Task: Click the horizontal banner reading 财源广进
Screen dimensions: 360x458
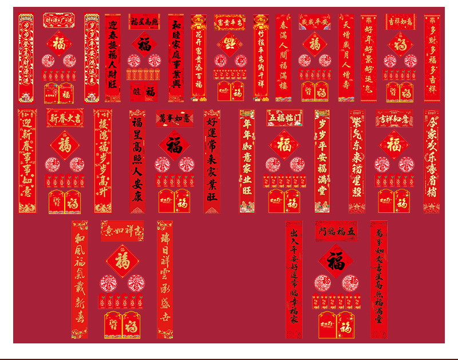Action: click(x=59, y=21)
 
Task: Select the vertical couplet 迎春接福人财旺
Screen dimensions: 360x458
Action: click(x=113, y=58)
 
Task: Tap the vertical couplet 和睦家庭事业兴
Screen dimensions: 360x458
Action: click(x=176, y=58)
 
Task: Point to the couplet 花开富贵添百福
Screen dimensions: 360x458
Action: click(x=198, y=58)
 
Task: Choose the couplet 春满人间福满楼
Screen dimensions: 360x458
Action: click(x=283, y=58)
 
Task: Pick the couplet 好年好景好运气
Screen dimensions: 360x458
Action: click(x=369, y=58)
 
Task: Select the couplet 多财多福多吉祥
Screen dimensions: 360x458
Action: click(x=432, y=58)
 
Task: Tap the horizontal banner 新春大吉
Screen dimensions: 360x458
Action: click(x=65, y=118)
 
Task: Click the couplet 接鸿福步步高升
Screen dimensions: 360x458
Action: click(x=103, y=161)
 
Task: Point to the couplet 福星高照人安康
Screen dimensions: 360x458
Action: click(x=137, y=161)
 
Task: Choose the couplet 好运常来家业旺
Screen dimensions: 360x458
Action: click(x=212, y=161)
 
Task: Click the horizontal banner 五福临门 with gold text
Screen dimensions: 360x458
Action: click(x=285, y=118)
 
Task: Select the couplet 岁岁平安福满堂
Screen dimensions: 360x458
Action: click(x=322, y=161)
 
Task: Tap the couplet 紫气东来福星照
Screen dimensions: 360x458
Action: click(x=357, y=161)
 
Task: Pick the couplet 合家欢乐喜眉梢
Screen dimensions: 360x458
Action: click(x=432, y=161)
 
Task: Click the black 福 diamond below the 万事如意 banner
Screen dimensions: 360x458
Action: click(x=174, y=145)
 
